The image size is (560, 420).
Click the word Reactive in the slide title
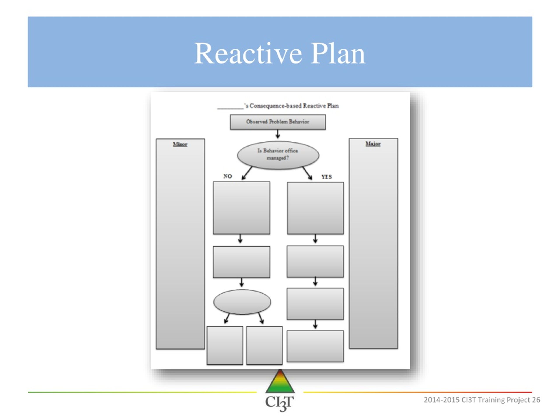tap(248, 53)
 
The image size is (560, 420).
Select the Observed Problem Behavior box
tap(278, 122)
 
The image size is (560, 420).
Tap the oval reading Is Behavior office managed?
tap(278, 155)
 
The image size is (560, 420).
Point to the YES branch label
tap(327, 177)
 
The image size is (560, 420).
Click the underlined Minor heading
tap(180, 144)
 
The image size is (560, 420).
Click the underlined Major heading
tap(373, 143)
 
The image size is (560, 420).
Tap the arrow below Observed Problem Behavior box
tap(278, 134)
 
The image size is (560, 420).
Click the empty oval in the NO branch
tap(242, 302)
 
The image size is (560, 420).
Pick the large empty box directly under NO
tap(241, 208)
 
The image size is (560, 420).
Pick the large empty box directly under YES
tap(315, 208)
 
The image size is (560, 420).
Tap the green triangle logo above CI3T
tap(280, 381)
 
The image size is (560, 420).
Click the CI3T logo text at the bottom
tap(280, 403)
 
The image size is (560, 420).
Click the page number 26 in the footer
tap(536, 400)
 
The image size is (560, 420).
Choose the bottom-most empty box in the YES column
tap(315, 346)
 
